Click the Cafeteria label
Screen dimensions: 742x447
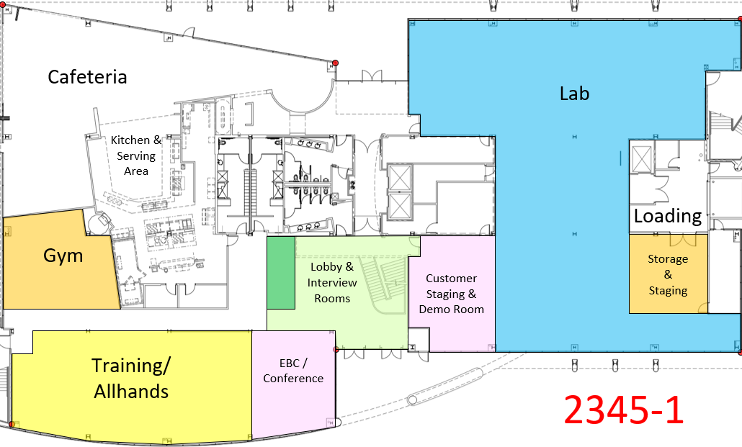pyautogui.click(x=88, y=77)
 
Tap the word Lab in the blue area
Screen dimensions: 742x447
pyautogui.click(x=574, y=93)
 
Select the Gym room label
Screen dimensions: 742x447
pyautogui.click(x=63, y=256)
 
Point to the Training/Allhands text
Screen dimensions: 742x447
pyautogui.click(x=131, y=379)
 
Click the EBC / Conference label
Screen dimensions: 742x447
pyautogui.click(x=293, y=371)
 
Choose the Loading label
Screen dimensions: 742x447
pyautogui.click(x=668, y=216)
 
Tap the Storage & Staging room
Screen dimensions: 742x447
pyautogui.click(x=668, y=274)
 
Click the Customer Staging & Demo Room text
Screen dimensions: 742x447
pyautogui.click(x=452, y=294)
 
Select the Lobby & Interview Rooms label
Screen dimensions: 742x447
pyautogui.click(x=332, y=282)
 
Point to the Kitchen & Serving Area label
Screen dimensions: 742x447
pyautogui.click(x=136, y=155)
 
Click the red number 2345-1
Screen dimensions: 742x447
pyautogui.click(x=624, y=410)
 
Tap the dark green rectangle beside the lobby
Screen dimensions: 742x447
pyautogui.click(x=281, y=273)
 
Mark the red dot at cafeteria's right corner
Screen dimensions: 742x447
pyautogui.click(x=335, y=63)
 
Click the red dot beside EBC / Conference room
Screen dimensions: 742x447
pyautogui.click(x=336, y=350)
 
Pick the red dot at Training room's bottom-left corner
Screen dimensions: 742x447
pyautogui.click(x=12, y=424)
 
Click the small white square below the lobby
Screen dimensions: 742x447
pyautogui.click(x=419, y=340)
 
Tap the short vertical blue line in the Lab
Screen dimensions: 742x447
pyautogui.click(x=621, y=158)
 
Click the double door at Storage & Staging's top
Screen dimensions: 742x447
pyautogui.click(x=682, y=240)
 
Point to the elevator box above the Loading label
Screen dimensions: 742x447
pyautogui.click(x=642, y=159)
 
